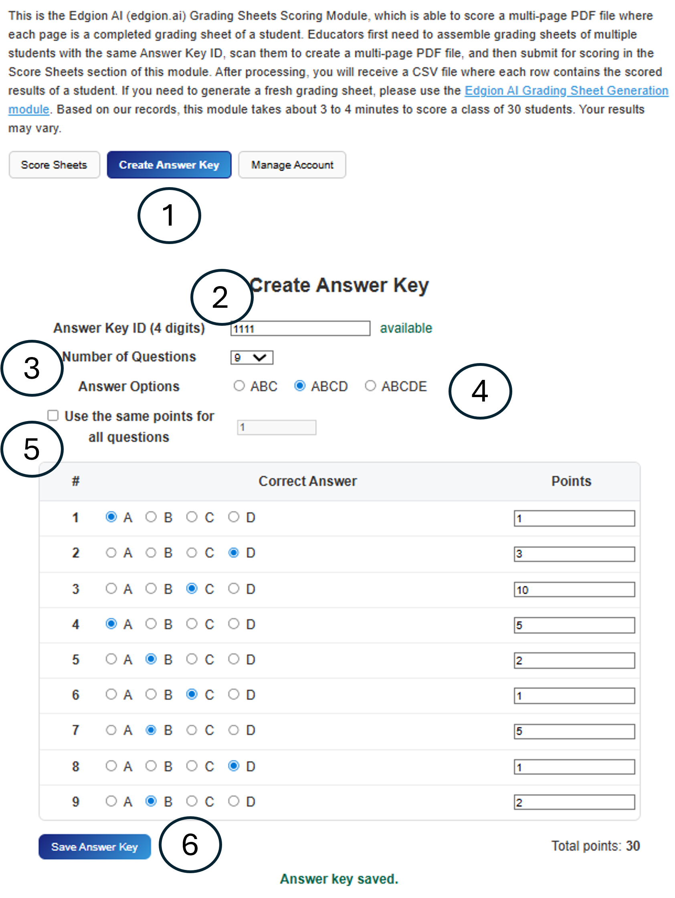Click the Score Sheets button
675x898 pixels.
pyautogui.click(x=54, y=165)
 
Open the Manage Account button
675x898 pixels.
pyautogui.click(x=292, y=165)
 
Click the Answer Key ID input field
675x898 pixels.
pyautogui.click(x=300, y=329)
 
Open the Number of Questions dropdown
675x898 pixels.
pyautogui.click(x=251, y=358)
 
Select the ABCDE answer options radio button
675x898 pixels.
pyautogui.click(x=370, y=385)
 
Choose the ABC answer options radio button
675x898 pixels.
pyautogui.click(x=239, y=385)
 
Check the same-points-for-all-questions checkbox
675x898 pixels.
pyautogui.click(x=53, y=415)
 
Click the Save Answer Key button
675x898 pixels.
pyautogui.click(x=95, y=847)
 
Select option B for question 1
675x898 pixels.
pyautogui.click(x=151, y=517)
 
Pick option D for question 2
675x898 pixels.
pyautogui.click(x=234, y=553)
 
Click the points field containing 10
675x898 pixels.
pyautogui.click(x=574, y=589)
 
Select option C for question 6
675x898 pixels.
pyautogui.click(x=192, y=694)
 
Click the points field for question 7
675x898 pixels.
pyautogui.click(x=574, y=731)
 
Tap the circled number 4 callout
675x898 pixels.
pyautogui.click(x=480, y=391)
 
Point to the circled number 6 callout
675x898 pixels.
pyautogui.click(x=190, y=844)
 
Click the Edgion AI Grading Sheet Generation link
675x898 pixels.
pyautogui.click(x=566, y=91)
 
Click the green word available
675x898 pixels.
pyautogui.click(x=406, y=328)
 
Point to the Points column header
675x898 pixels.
pyautogui.click(x=571, y=481)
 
